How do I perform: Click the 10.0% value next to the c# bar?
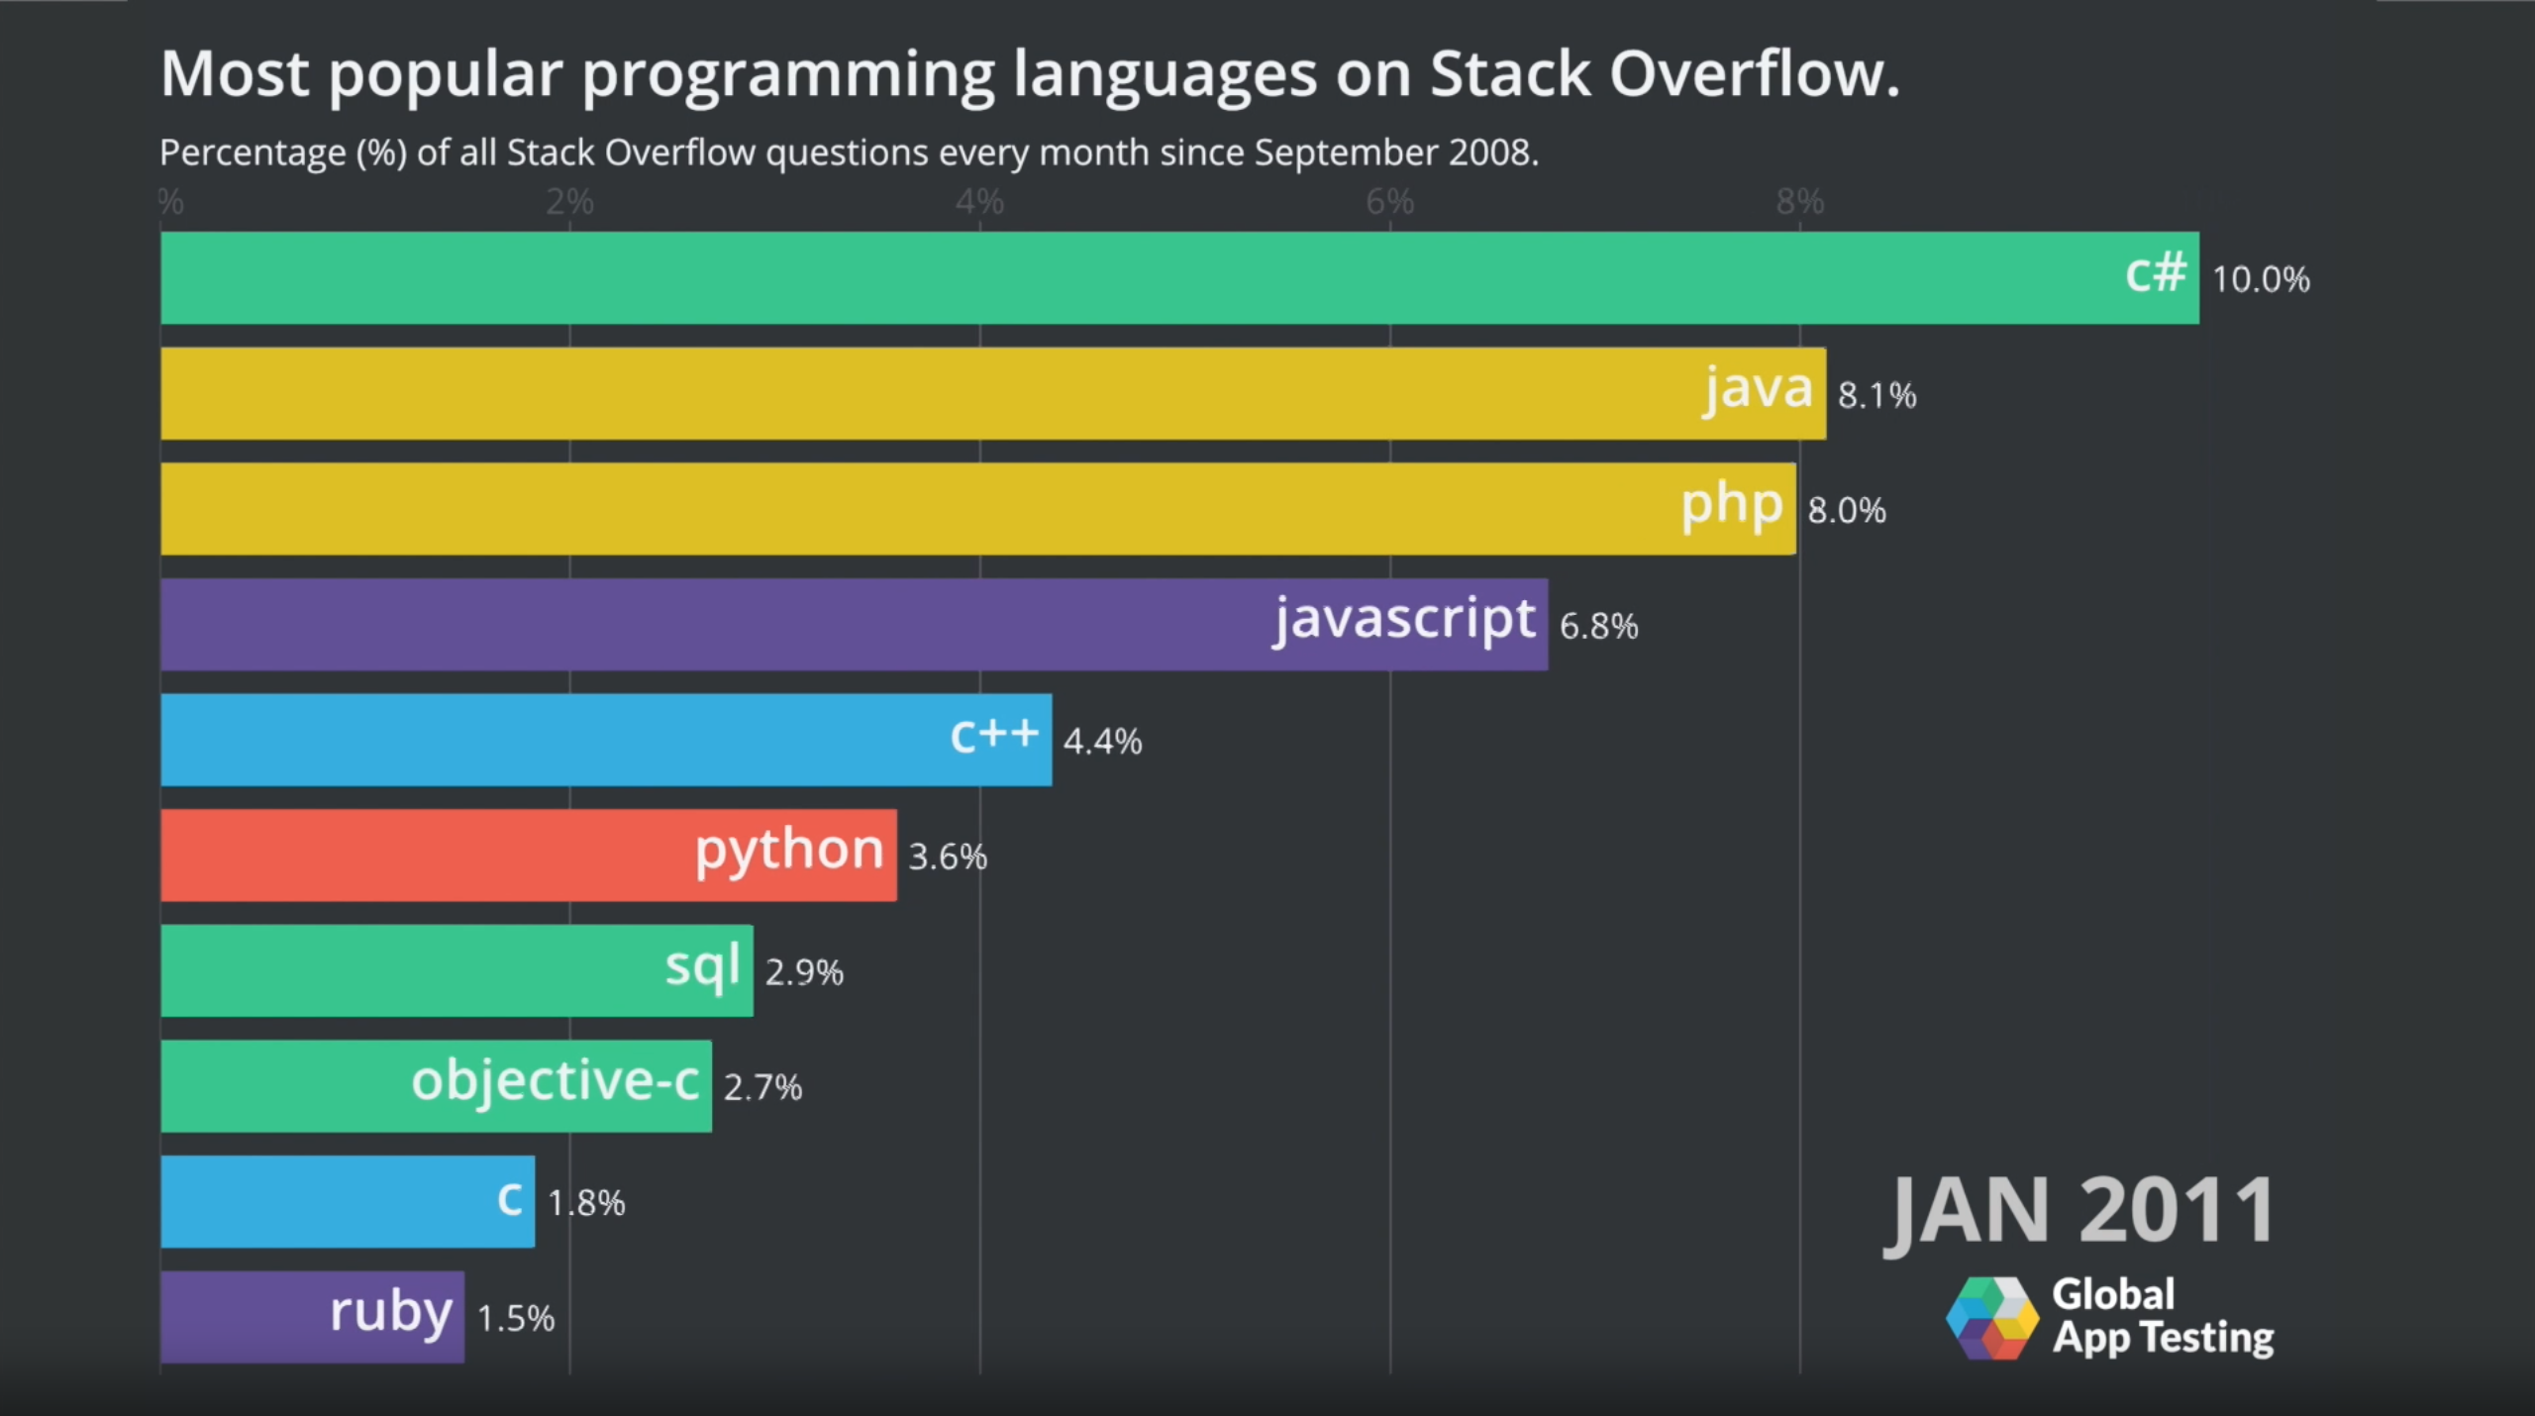(x=2260, y=279)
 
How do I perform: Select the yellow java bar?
(x=990, y=393)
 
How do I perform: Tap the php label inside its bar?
(x=1732, y=506)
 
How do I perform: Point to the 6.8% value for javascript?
(x=1598, y=626)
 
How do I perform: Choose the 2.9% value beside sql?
(x=804, y=971)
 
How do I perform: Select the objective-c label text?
(x=556, y=1080)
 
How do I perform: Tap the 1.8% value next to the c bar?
(x=586, y=1203)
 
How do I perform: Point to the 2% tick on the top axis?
(x=569, y=202)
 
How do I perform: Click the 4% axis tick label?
(x=979, y=202)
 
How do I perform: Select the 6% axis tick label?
(x=1389, y=202)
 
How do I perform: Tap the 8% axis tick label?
(x=1799, y=202)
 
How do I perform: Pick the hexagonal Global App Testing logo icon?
(x=1991, y=1318)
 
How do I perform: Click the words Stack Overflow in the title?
(x=1664, y=74)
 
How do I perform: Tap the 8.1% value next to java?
(x=1876, y=395)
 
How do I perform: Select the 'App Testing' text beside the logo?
(x=2163, y=1338)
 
